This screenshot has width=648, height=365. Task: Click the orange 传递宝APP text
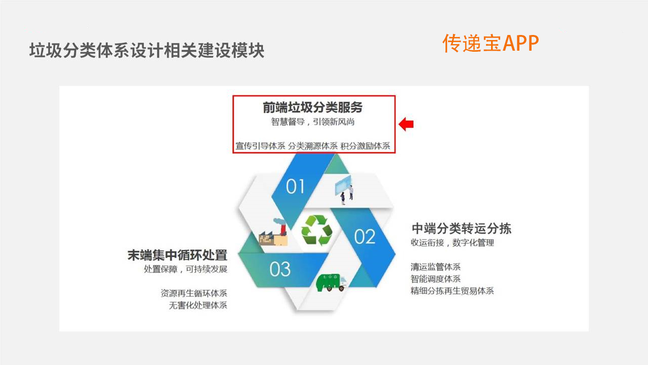491,43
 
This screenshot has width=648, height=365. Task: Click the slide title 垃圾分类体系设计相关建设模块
147,51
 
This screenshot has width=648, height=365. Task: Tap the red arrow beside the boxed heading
407,124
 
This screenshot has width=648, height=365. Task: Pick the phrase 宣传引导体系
260,146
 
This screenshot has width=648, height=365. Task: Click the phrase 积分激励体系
366,146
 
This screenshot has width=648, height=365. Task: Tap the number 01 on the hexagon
295,187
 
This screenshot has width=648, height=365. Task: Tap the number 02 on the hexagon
364,237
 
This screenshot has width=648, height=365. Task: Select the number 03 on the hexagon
280,269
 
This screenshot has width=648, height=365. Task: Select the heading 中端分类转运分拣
461,228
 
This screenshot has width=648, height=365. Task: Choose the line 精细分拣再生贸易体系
452,291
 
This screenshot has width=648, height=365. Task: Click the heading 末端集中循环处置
177,255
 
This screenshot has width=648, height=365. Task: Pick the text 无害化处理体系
198,306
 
